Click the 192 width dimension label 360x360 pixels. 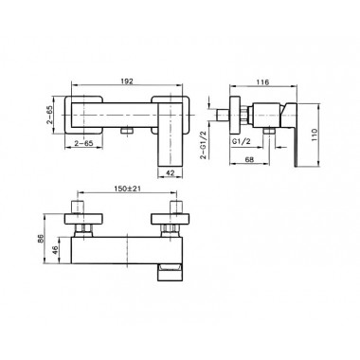click(127, 81)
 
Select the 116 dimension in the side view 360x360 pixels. click(262, 82)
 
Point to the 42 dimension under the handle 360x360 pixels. click(171, 172)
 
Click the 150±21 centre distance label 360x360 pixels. click(127, 189)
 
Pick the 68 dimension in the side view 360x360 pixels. click(249, 159)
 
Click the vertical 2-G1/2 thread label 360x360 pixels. click(204, 145)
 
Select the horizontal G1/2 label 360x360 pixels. click(242, 142)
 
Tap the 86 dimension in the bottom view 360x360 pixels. click(40, 238)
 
